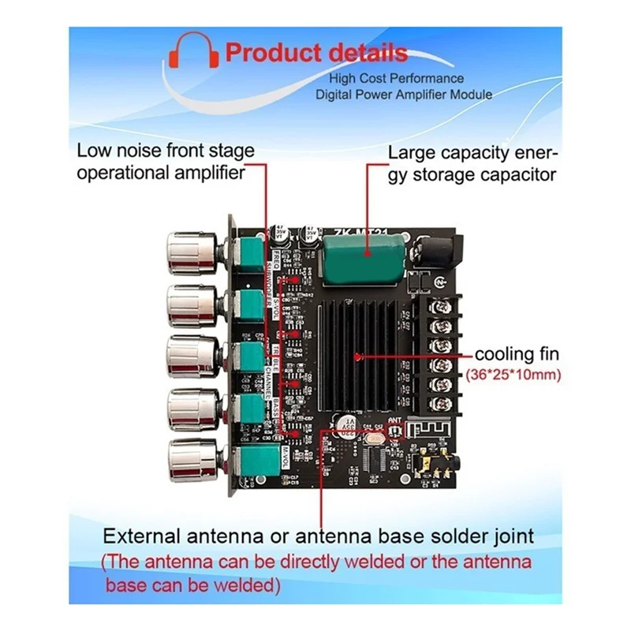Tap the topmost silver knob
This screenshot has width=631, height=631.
click(x=189, y=250)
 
